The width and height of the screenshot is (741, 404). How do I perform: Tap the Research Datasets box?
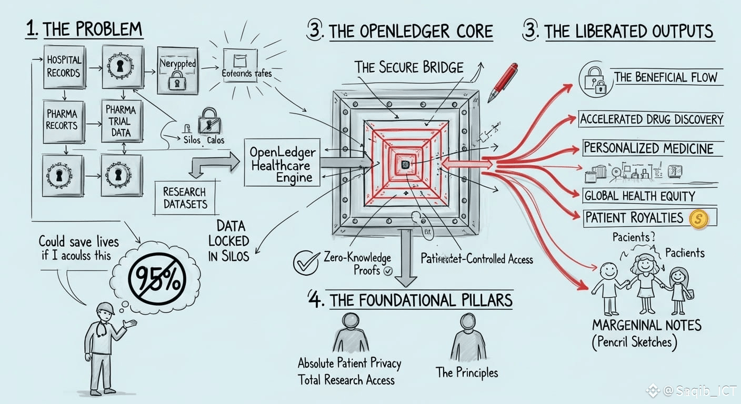click(x=185, y=198)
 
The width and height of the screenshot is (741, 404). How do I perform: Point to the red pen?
click(x=502, y=82)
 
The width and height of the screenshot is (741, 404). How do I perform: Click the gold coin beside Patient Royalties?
click(x=697, y=219)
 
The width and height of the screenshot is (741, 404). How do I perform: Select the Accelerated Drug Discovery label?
click(x=652, y=119)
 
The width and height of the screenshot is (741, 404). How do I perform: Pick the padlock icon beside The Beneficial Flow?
click(x=596, y=79)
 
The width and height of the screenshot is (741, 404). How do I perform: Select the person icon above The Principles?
click(x=467, y=337)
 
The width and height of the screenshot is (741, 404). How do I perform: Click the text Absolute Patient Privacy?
click(x=349, y=363)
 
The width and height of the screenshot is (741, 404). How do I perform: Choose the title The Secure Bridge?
click(x=409, y=68)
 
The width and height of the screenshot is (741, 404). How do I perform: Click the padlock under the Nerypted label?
click(x=177, y=80)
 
